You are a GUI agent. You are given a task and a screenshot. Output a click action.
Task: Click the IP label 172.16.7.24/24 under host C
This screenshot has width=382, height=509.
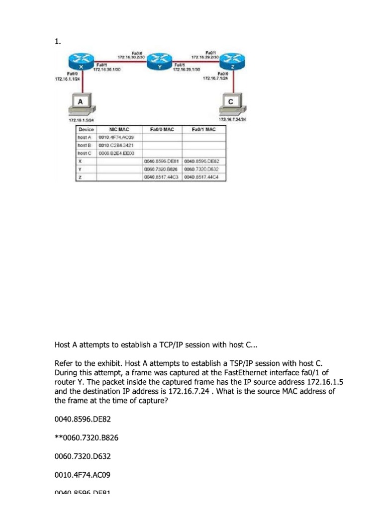233,120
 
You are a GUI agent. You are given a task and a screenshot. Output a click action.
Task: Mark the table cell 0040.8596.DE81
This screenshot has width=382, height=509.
162,162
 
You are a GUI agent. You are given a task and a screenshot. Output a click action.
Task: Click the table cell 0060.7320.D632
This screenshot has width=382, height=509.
204,170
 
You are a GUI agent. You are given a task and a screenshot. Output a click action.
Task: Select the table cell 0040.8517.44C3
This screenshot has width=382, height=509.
162,177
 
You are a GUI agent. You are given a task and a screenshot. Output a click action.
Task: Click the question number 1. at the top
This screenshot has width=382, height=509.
58,42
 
